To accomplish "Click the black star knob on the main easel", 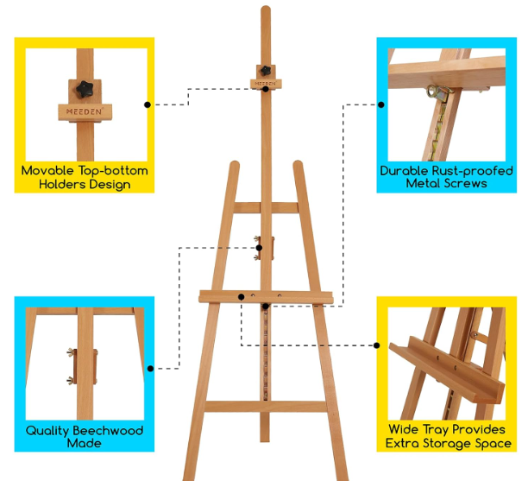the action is [266, 71].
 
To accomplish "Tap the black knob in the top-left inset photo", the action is [85, 89].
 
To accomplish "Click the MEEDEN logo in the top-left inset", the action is [85, 111].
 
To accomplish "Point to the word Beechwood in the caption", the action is [108, 430].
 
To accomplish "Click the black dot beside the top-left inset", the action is [148, 104].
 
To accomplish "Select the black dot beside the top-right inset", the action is [380, 104].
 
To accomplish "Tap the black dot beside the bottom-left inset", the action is [150, 369].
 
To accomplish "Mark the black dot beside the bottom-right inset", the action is [377, 345].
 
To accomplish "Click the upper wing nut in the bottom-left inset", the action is [71, 352].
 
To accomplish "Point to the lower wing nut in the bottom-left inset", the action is [71, 381].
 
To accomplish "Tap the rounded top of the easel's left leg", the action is [235, 164].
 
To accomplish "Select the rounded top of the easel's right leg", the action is [298, 164].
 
